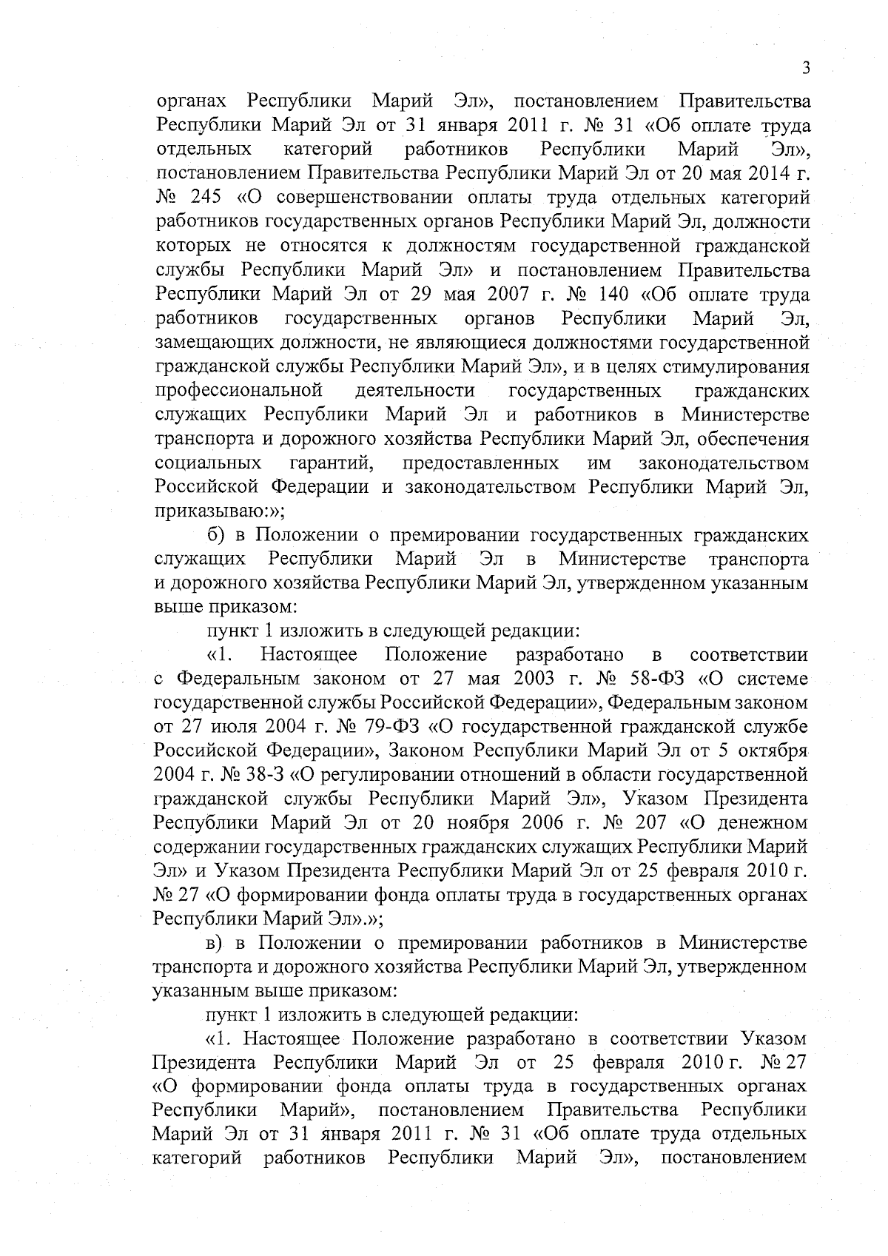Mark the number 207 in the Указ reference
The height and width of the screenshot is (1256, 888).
click(x=650, y=822)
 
